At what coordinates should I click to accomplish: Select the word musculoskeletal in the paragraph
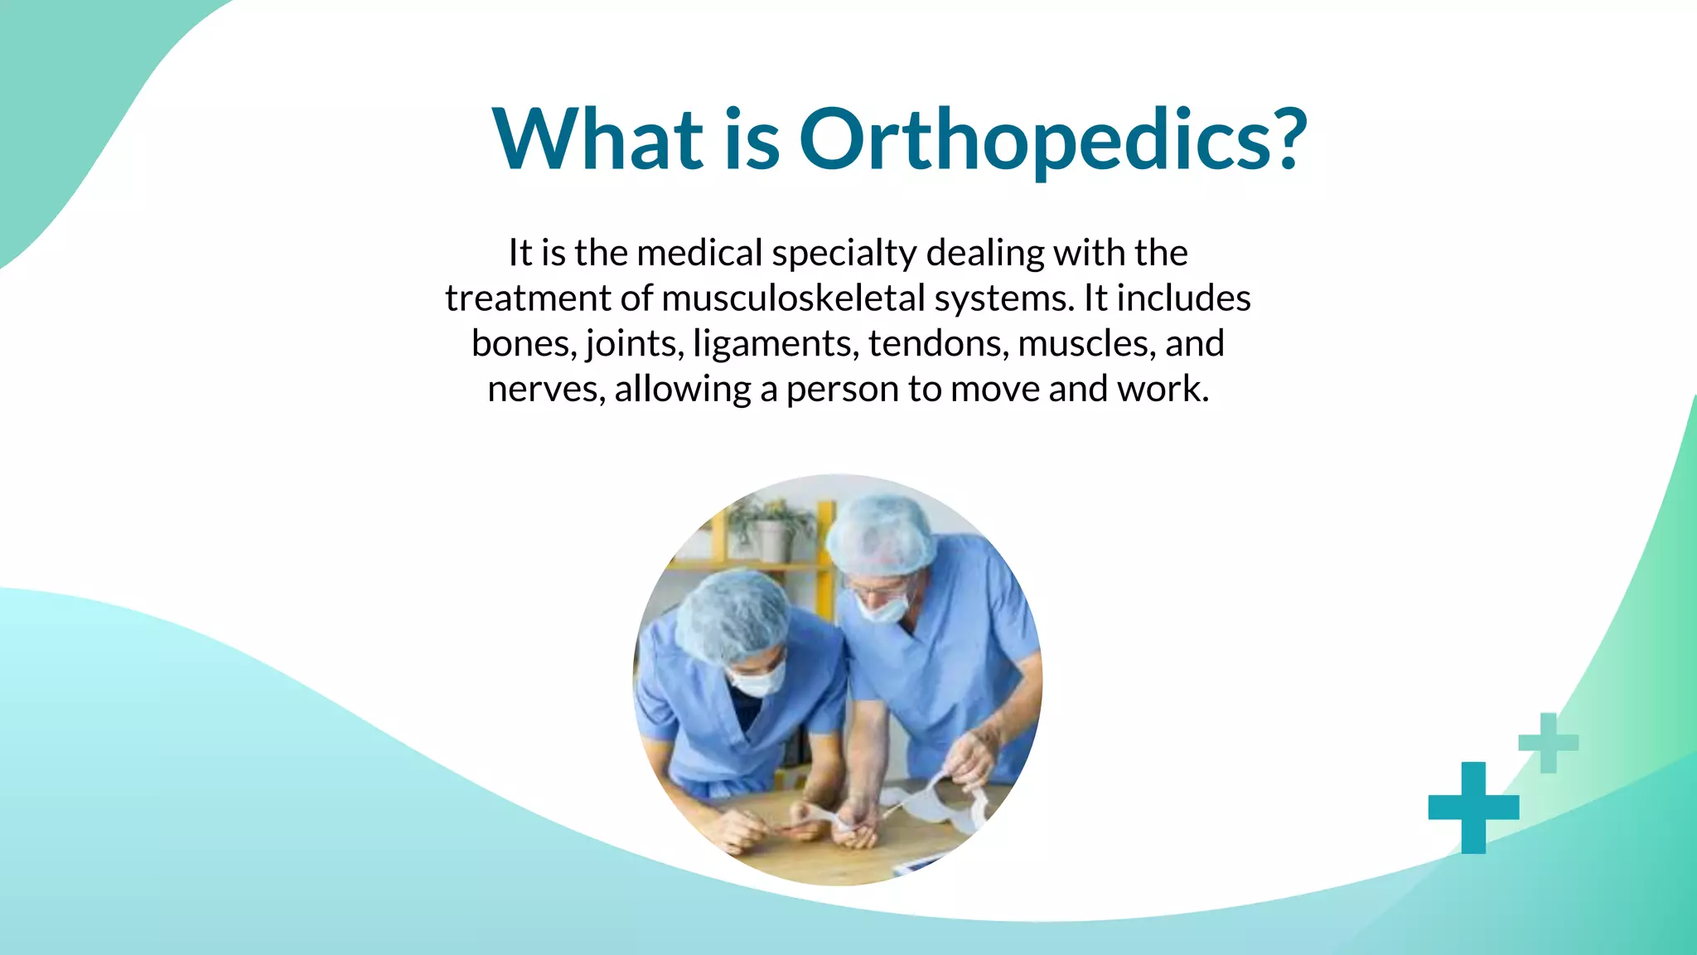tap(793, 298)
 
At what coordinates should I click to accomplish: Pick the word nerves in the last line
tap(545, 389)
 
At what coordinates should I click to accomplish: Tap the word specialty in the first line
tap(844, 254)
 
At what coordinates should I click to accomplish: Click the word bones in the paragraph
tap(523, 343)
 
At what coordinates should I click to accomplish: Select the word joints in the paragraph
tap(634, 344)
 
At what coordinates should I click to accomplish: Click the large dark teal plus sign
tap(1473, 807)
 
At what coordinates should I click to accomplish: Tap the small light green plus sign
tap(1548, 743)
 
